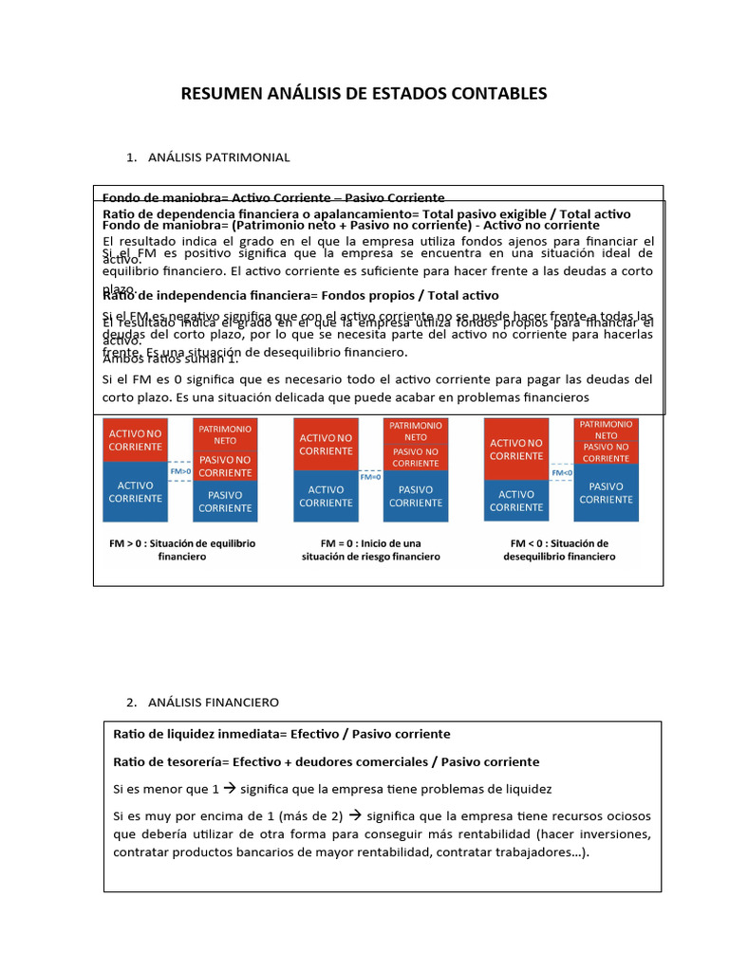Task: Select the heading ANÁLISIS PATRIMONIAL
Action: tap(218, 156)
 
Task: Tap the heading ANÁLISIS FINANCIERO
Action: tap(214, 703)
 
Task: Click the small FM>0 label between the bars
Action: tap(180, 470)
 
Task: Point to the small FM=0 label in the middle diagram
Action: tap(370, 477)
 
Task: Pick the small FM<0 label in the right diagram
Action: tap(561, 471)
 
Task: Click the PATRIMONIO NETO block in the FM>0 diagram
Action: tap(225, 434)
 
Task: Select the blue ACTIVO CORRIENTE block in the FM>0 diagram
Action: tap(135, 491)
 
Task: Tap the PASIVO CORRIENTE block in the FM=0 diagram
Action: tap(416, 496)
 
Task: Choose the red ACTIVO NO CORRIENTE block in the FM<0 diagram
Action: tap(516, 449)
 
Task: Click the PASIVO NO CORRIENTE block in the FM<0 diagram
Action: tap(606, 452)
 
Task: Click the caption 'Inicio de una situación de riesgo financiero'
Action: tap(370, 550)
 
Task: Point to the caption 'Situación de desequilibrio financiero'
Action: tap(559, 550)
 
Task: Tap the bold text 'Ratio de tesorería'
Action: tap(168, 761)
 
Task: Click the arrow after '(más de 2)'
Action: tap(356, 815)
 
